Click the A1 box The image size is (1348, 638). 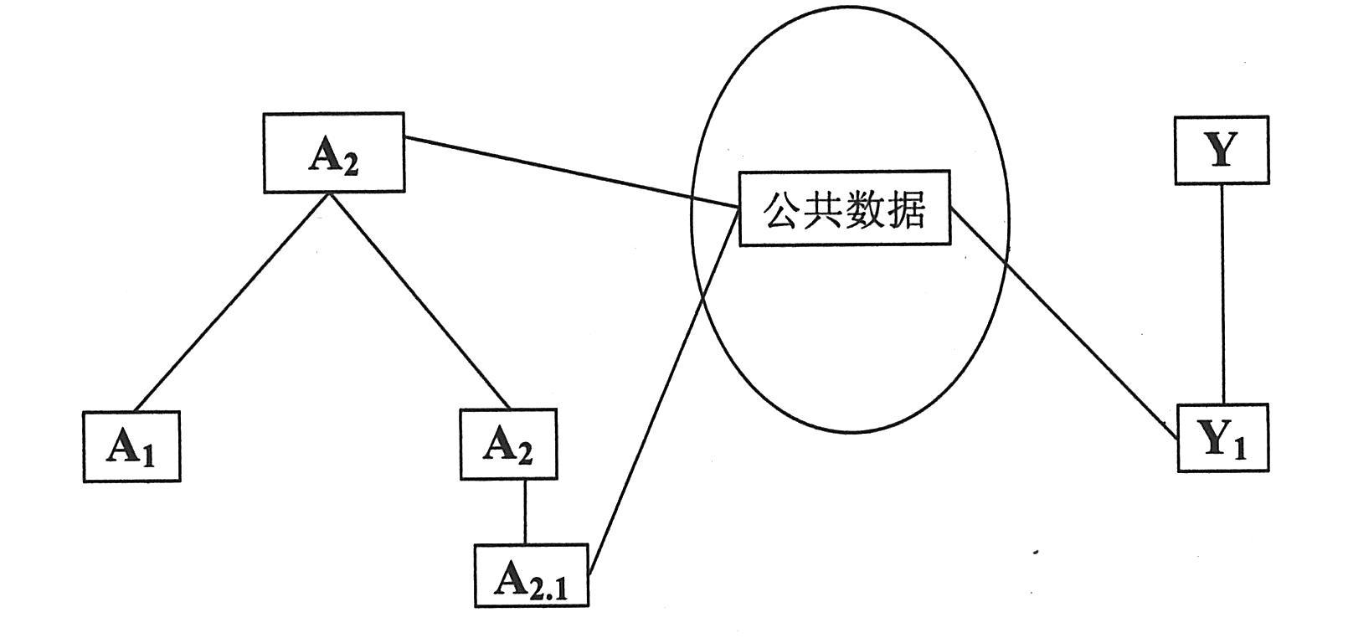tap(131, 446)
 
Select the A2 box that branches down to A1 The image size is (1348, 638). tap(334, 153)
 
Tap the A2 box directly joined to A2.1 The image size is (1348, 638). tap(508, 444)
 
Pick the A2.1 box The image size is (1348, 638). tap(532, 575)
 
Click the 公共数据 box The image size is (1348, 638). tap(844, 208)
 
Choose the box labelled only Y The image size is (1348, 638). tap(1221, 150)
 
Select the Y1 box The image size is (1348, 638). tap(1222, 438)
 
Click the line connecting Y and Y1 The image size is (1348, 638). tap(1222, 293)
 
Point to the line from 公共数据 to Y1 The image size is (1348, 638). tap(1063, 318)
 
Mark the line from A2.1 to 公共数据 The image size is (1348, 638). tap(661, 394)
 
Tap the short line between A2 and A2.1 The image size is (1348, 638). tap(525, 512)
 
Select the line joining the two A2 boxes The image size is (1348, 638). tap(419, 301)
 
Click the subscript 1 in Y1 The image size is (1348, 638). tap(1239, 450)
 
